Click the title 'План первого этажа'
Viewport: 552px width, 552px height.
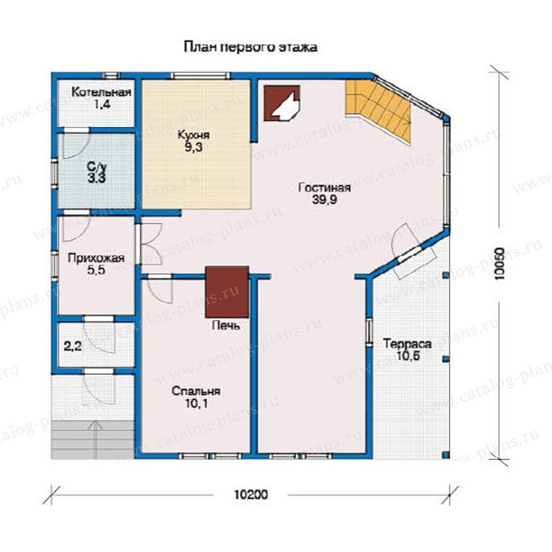(250, 47)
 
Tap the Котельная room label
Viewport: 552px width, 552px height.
(101, 93)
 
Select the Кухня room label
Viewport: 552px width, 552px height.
(193, 135)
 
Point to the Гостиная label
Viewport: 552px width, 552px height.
(324, 187)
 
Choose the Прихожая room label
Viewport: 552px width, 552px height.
(96, 258)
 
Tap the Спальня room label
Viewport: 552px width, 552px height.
(196, 391)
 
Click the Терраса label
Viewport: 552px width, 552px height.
(407, 343)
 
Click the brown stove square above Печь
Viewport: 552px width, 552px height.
(228, 292)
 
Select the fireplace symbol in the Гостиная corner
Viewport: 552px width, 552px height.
(282, 103)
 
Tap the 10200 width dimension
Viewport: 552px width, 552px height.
(251, 494)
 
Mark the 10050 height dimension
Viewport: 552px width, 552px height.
(499, 264)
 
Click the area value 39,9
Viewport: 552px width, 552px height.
(324, 200)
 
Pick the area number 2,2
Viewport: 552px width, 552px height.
(73, 347)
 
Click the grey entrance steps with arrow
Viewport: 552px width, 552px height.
(93, 439)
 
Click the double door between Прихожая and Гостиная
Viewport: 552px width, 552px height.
(150, 243)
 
